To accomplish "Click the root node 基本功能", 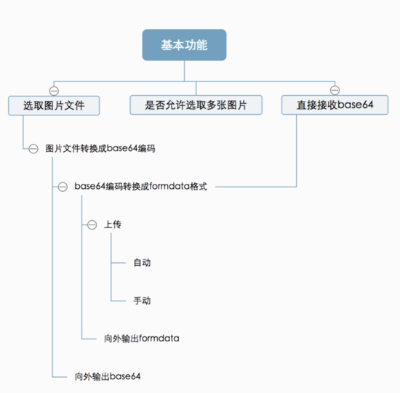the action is point(184,45).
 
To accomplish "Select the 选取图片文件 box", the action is point(54,105).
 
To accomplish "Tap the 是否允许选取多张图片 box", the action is point(196,105).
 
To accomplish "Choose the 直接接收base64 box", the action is point(335,105).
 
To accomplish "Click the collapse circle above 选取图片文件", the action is point(54,91).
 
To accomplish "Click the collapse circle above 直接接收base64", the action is point(335,90).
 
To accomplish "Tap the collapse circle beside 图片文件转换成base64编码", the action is point(33,149).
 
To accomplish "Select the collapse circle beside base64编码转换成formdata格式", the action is point(63,187).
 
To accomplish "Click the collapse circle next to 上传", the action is point(92,224).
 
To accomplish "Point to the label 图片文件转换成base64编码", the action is point(100,148).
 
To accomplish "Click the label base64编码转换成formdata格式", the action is point(140,186).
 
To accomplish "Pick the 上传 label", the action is point(113,224).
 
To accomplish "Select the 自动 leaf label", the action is point(142,262).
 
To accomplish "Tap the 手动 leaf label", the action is point(142,301).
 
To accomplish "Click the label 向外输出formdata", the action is point(141,339).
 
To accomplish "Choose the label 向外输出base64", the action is point(108,376).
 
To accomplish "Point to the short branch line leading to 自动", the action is point(119,263).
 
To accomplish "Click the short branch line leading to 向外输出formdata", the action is point(89,339).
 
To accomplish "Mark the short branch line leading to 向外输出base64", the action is point(60,377).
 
